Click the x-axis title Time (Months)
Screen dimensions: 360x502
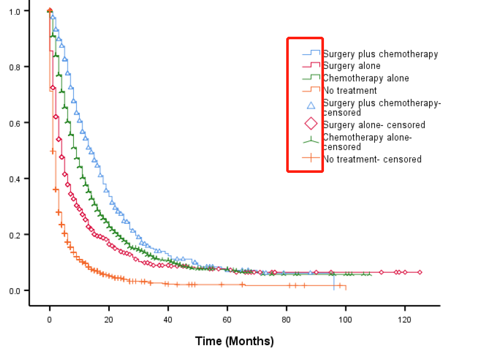[234, 341]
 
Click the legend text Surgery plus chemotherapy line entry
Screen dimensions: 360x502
[380, 54]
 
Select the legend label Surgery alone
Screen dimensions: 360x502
[351, 66]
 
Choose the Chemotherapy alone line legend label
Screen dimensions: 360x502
[365, 78]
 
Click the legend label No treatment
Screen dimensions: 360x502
[349, 90]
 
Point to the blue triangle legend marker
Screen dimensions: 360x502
[311, 106]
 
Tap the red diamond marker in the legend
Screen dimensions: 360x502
[311, 124]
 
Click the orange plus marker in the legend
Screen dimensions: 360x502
[311, 159]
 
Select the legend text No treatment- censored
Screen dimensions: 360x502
[372, 159]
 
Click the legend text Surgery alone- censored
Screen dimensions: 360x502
[373, 125]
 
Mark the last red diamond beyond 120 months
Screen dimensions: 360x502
[420, 272]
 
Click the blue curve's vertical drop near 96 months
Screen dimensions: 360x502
[334, 281]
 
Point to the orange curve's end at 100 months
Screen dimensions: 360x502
[345, 288]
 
